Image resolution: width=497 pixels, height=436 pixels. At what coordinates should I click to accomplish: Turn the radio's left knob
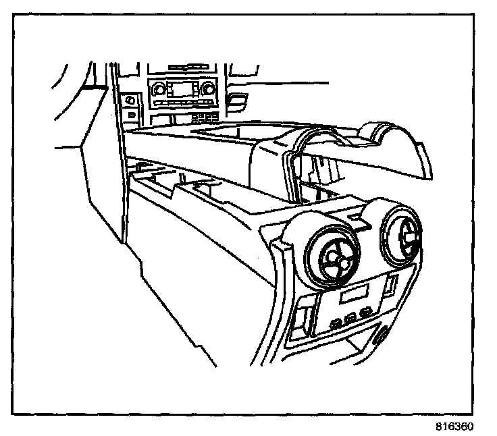click(x=159, y=88)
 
